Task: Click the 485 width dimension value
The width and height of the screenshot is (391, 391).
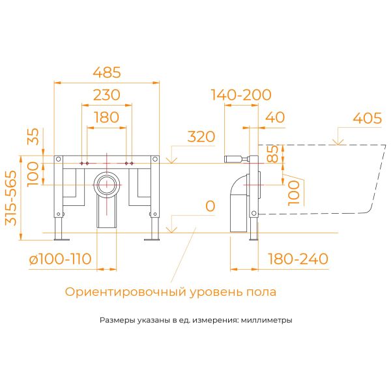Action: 107,72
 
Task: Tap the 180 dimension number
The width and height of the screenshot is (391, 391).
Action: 106,117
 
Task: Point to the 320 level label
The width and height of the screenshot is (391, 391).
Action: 201,137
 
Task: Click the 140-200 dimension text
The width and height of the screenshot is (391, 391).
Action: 241,95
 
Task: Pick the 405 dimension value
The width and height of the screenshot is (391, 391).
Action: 367,118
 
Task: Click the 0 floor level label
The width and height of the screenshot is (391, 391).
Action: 210,207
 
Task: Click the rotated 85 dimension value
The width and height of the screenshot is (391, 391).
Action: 274,154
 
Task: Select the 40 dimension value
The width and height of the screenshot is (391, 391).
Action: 276,117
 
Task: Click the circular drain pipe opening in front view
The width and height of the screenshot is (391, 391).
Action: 106,184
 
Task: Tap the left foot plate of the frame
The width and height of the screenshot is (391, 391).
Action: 59,239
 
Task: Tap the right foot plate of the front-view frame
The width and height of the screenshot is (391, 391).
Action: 154,239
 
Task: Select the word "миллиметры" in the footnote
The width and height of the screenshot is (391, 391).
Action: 268,321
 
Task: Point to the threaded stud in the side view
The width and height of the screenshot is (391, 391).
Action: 233,158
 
